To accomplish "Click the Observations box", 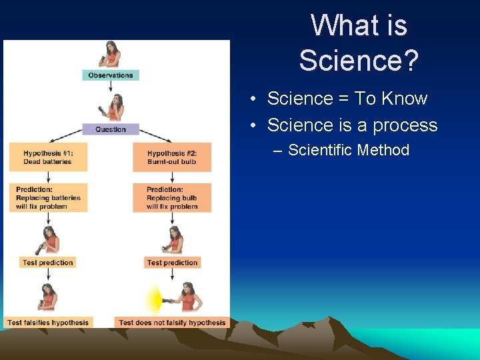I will [x=111, y=75].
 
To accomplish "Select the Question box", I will [x=111, y=129].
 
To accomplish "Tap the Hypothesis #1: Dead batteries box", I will [x=48, y=157].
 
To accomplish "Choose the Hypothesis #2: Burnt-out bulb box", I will [x=172, y=157].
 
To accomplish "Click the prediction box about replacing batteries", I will [x=48, y=198].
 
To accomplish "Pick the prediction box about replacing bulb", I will [x=172, y=198].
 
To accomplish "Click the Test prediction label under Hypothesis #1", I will [x=47, y=263].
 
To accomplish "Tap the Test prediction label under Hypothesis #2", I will [x=172, y=263].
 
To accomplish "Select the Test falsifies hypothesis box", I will [x=48, y=323].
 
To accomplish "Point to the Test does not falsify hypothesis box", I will [x=172, y=323].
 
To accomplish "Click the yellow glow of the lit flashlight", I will [x=155, y=300].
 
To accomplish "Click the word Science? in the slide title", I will [x=359, y=60].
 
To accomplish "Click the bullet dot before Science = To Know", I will [x=255, y=99].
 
